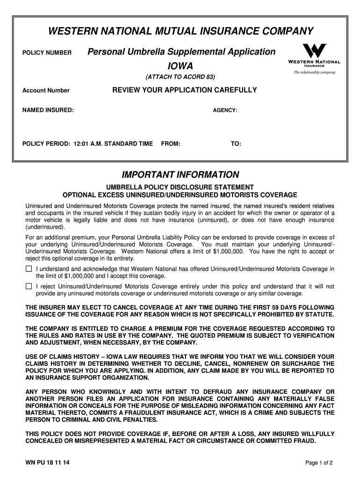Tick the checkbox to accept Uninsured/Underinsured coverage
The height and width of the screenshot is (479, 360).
click(29, 269)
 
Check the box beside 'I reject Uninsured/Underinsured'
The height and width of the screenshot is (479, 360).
click(29, 286)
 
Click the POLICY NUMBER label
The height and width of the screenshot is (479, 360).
click(47, 52)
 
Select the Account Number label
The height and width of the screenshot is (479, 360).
click(46, 91)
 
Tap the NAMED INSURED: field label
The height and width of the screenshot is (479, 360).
click(48, 110)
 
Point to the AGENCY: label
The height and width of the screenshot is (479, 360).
click(225, 110)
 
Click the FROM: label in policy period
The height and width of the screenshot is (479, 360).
click(171, 144)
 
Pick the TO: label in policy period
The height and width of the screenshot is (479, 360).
click(236, 144)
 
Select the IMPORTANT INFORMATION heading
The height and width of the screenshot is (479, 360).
click(180, 175)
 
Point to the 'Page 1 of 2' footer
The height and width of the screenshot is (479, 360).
click(319, 463)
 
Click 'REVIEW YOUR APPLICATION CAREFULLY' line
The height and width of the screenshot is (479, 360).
click(185, 90)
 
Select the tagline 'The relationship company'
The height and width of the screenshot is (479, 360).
click(315, 73)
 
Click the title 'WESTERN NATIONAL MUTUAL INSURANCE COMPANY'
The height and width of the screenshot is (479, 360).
click(180, 31)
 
